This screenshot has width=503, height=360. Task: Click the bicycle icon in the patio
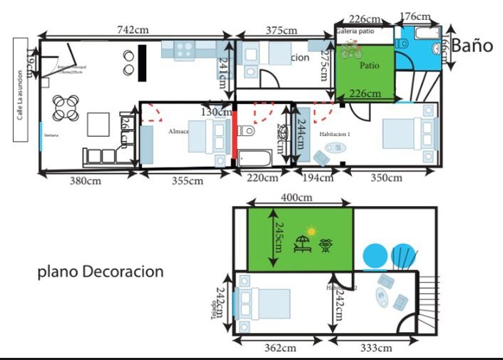click(x=351, y=50)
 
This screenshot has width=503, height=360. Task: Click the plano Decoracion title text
click(x=101, y=272)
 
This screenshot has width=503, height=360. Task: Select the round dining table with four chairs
click(x=66, y=108)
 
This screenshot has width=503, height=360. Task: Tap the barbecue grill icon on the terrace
click(x=326, y=245)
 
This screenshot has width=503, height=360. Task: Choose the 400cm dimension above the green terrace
click(x=300, y=196)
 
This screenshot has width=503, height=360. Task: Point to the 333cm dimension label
click(x=375, y=348)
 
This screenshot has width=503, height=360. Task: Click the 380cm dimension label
click(x=85, y=181)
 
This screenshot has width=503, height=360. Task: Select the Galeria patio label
click(x=355, y=31)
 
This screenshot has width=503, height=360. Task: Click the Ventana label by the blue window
click(x=51, y=135)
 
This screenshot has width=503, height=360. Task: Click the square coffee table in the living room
click(x=98, y=125)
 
